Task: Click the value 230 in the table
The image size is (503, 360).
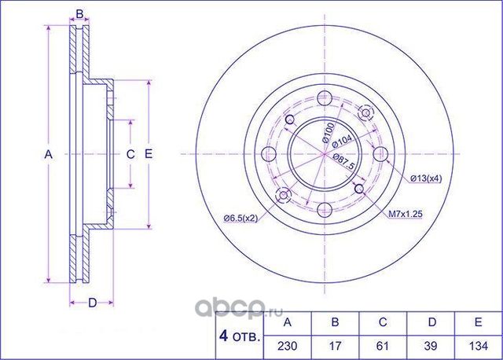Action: tap(288, 345)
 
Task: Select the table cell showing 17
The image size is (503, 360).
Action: tap(336, 345)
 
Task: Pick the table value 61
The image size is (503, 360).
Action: tap(383, 345)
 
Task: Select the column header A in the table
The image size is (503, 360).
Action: tap(288, 322)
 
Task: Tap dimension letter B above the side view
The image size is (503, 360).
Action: tap(79, 13)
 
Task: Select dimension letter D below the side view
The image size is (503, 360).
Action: tap(91, 303)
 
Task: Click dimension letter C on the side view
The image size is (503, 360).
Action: tap(130, 154)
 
